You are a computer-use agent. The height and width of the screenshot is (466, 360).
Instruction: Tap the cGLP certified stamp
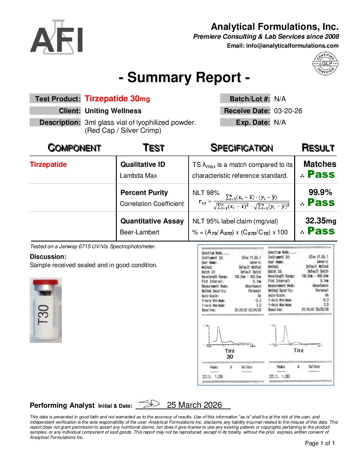click(326, 64)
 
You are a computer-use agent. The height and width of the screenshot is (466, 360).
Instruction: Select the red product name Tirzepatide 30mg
click(117, 99)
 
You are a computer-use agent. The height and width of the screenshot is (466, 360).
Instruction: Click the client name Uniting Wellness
click(113, 111)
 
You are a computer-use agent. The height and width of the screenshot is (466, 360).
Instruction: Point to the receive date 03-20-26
click(288, 111)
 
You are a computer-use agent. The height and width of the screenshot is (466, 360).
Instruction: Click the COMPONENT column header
click(74, 148)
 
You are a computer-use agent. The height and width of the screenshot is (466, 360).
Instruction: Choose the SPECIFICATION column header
click(242, 148)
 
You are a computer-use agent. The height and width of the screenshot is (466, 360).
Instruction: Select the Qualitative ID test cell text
click(143, 164)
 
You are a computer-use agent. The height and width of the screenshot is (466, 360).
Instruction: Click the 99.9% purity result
click(320, 192)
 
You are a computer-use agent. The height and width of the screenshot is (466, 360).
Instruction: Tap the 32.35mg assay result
click(320, 221)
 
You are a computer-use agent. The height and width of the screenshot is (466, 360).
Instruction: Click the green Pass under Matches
click(321, 174)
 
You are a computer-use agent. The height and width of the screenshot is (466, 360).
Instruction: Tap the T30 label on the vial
click(43, 314)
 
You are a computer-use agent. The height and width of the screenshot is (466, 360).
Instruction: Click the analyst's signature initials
click(149, 404)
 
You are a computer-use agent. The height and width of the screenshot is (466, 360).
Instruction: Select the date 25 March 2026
click(194, 405)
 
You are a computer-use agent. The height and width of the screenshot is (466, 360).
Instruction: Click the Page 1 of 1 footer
click(320, 443)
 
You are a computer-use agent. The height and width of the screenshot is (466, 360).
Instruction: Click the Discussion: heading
click(48, 256)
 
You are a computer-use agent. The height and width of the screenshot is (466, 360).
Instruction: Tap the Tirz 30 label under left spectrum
click(230, 353)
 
